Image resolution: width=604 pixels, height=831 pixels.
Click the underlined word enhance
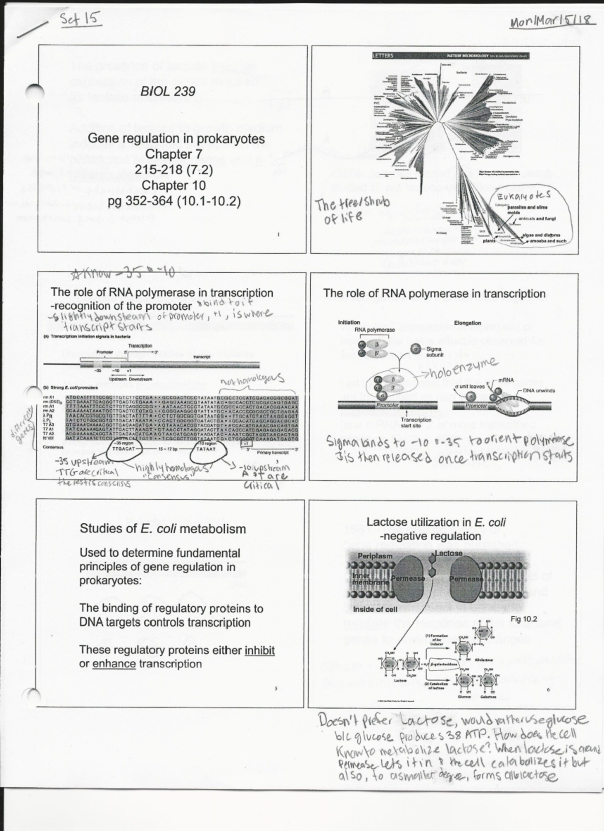(x=114, y=664)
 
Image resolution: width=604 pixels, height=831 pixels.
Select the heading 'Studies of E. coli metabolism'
(x=163, y=529)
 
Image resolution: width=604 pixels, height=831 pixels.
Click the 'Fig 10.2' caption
(x=523, y=619)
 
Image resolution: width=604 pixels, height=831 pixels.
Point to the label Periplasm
(x=375, y=556)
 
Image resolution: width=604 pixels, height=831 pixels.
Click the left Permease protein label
(x=408, y=579)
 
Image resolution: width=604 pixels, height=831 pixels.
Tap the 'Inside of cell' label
(x=375, y=609)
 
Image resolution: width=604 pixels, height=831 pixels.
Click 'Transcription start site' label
(x=416, y=422)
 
